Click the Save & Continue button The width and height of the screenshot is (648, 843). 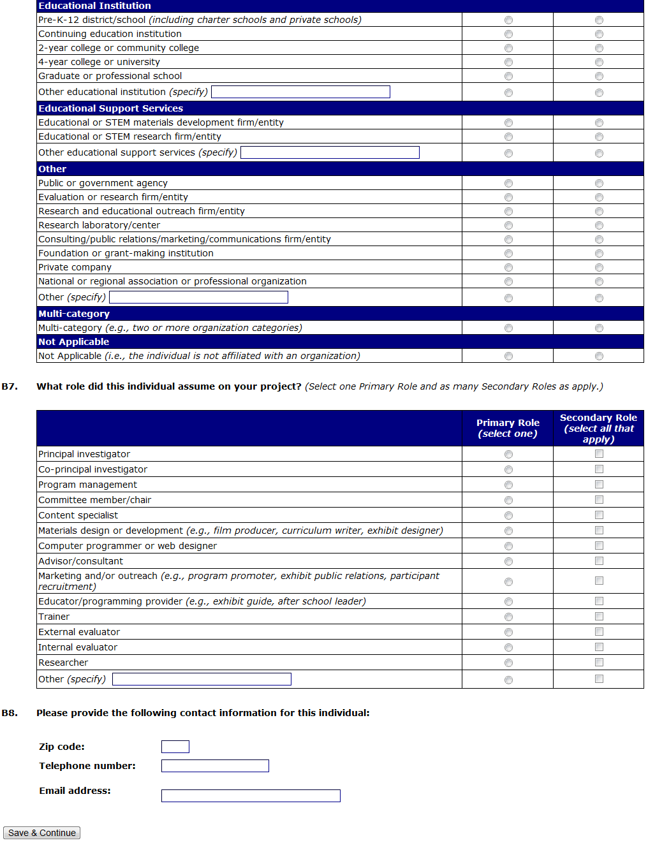[42, 833]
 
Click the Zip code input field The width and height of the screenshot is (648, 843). [175, 747]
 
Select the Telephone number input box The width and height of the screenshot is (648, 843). [215, 766]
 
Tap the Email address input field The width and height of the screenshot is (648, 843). [251, 796]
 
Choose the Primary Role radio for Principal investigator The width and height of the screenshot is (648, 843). [508, 455]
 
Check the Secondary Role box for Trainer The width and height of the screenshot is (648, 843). [599, 617]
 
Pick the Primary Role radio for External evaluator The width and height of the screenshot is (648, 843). [508, 633]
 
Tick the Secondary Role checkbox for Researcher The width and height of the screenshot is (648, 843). [599, 663]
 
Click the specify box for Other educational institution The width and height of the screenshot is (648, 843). [300, 92]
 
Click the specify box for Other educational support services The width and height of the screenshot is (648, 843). [330, 152]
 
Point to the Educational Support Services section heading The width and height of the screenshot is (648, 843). [111, 108]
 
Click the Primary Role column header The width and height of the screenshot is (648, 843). [508, 428]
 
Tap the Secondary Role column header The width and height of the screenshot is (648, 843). [598, 428]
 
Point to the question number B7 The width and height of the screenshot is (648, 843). [10, 386]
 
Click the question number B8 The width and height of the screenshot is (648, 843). [10, 713]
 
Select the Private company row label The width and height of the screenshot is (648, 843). [75, 267]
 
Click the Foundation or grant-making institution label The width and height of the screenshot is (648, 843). [126, 253]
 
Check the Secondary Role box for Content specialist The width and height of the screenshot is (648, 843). [599, 515]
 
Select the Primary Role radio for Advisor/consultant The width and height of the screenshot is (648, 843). [508, 562]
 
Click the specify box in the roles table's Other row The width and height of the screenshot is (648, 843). [202, 679]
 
